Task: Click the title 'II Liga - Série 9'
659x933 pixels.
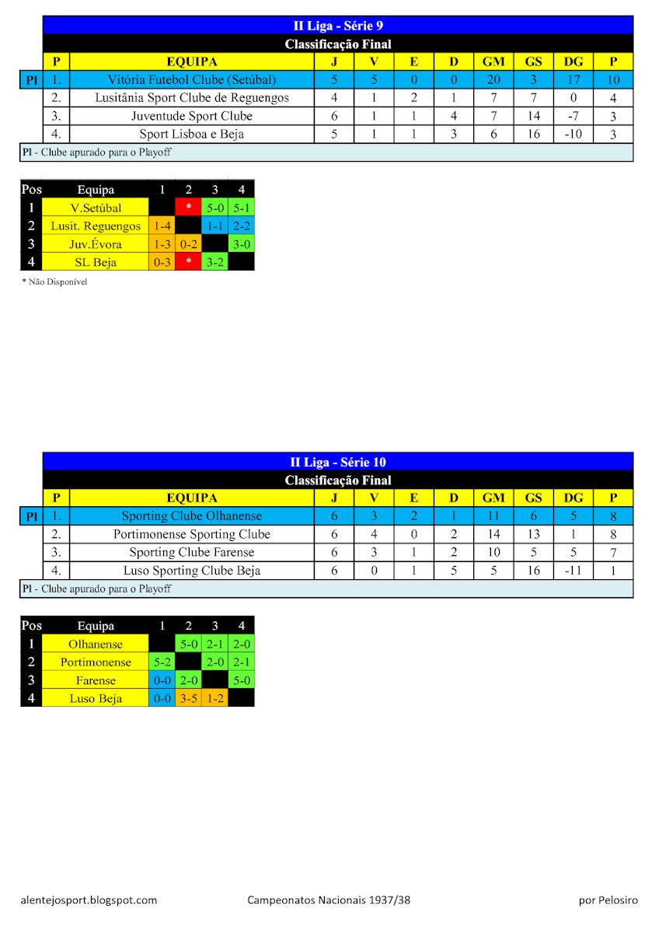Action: (x=338, y=26)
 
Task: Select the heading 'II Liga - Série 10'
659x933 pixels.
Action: (x=338, y=463)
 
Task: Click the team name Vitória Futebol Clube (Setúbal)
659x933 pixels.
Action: (x=192, y=79)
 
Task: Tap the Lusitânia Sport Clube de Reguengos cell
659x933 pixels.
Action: (x=192, y=98)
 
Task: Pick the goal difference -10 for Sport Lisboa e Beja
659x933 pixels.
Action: (x=573, y=134)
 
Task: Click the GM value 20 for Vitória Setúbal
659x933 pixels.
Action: (x=493, y=79)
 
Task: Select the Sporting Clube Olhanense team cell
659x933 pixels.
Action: (x=192, y=516)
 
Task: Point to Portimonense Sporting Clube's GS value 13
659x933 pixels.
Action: (x=533, y=534)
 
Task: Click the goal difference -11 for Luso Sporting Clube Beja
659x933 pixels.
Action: (x=573, y=571)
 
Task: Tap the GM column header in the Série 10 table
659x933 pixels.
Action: (x=493, y=498)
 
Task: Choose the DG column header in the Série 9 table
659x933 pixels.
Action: (x=573, y=61)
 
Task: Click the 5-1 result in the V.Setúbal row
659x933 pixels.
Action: (x=241, y=208)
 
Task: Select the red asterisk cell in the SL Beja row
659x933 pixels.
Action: (x=188, y=262)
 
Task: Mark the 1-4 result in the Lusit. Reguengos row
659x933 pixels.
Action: (x=162, y=226)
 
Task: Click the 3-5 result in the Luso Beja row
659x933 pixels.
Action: (x=188, y=698)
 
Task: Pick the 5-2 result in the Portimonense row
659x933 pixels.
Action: (x=162, y=662)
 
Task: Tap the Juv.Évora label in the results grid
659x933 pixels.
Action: (x=95, y=244)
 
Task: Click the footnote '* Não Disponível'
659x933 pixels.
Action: (x=54, y=281)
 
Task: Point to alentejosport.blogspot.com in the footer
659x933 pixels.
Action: (x=89, y=900)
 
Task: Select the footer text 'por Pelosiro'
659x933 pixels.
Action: (x=608, y=900)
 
